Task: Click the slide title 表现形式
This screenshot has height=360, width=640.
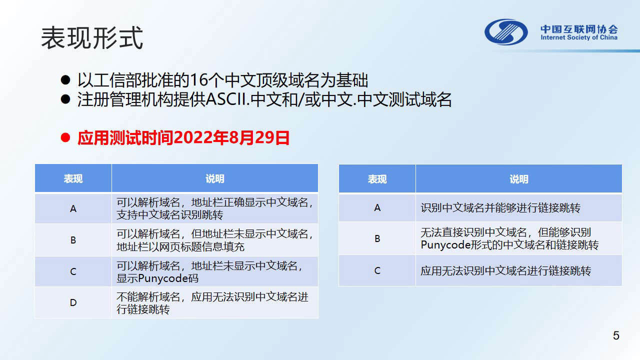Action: (92, 38)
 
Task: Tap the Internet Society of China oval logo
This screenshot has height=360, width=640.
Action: (506, 32)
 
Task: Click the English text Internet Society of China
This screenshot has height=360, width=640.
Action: (579, 37)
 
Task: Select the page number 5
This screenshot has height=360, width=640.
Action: (616, 335)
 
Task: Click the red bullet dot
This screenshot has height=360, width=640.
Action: (65, 137)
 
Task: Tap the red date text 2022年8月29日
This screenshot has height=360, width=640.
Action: (231, 137)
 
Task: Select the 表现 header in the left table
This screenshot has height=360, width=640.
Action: (73, 179)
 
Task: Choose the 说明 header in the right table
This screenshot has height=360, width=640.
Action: (519, 179)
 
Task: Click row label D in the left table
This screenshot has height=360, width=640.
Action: (73, 302)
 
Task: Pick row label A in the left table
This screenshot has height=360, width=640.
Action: (73, 208)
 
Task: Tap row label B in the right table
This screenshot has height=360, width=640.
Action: (377, 238)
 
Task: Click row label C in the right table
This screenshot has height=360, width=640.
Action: (377, 270)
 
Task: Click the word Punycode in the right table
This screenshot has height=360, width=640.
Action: (445, 245)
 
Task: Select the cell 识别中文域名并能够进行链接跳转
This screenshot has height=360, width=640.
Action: (500, 208)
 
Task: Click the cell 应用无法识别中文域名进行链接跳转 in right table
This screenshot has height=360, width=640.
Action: (505, 271)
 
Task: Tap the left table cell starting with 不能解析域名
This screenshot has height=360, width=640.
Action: (212, 303)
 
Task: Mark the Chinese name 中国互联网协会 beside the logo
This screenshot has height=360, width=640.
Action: (579, 29)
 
